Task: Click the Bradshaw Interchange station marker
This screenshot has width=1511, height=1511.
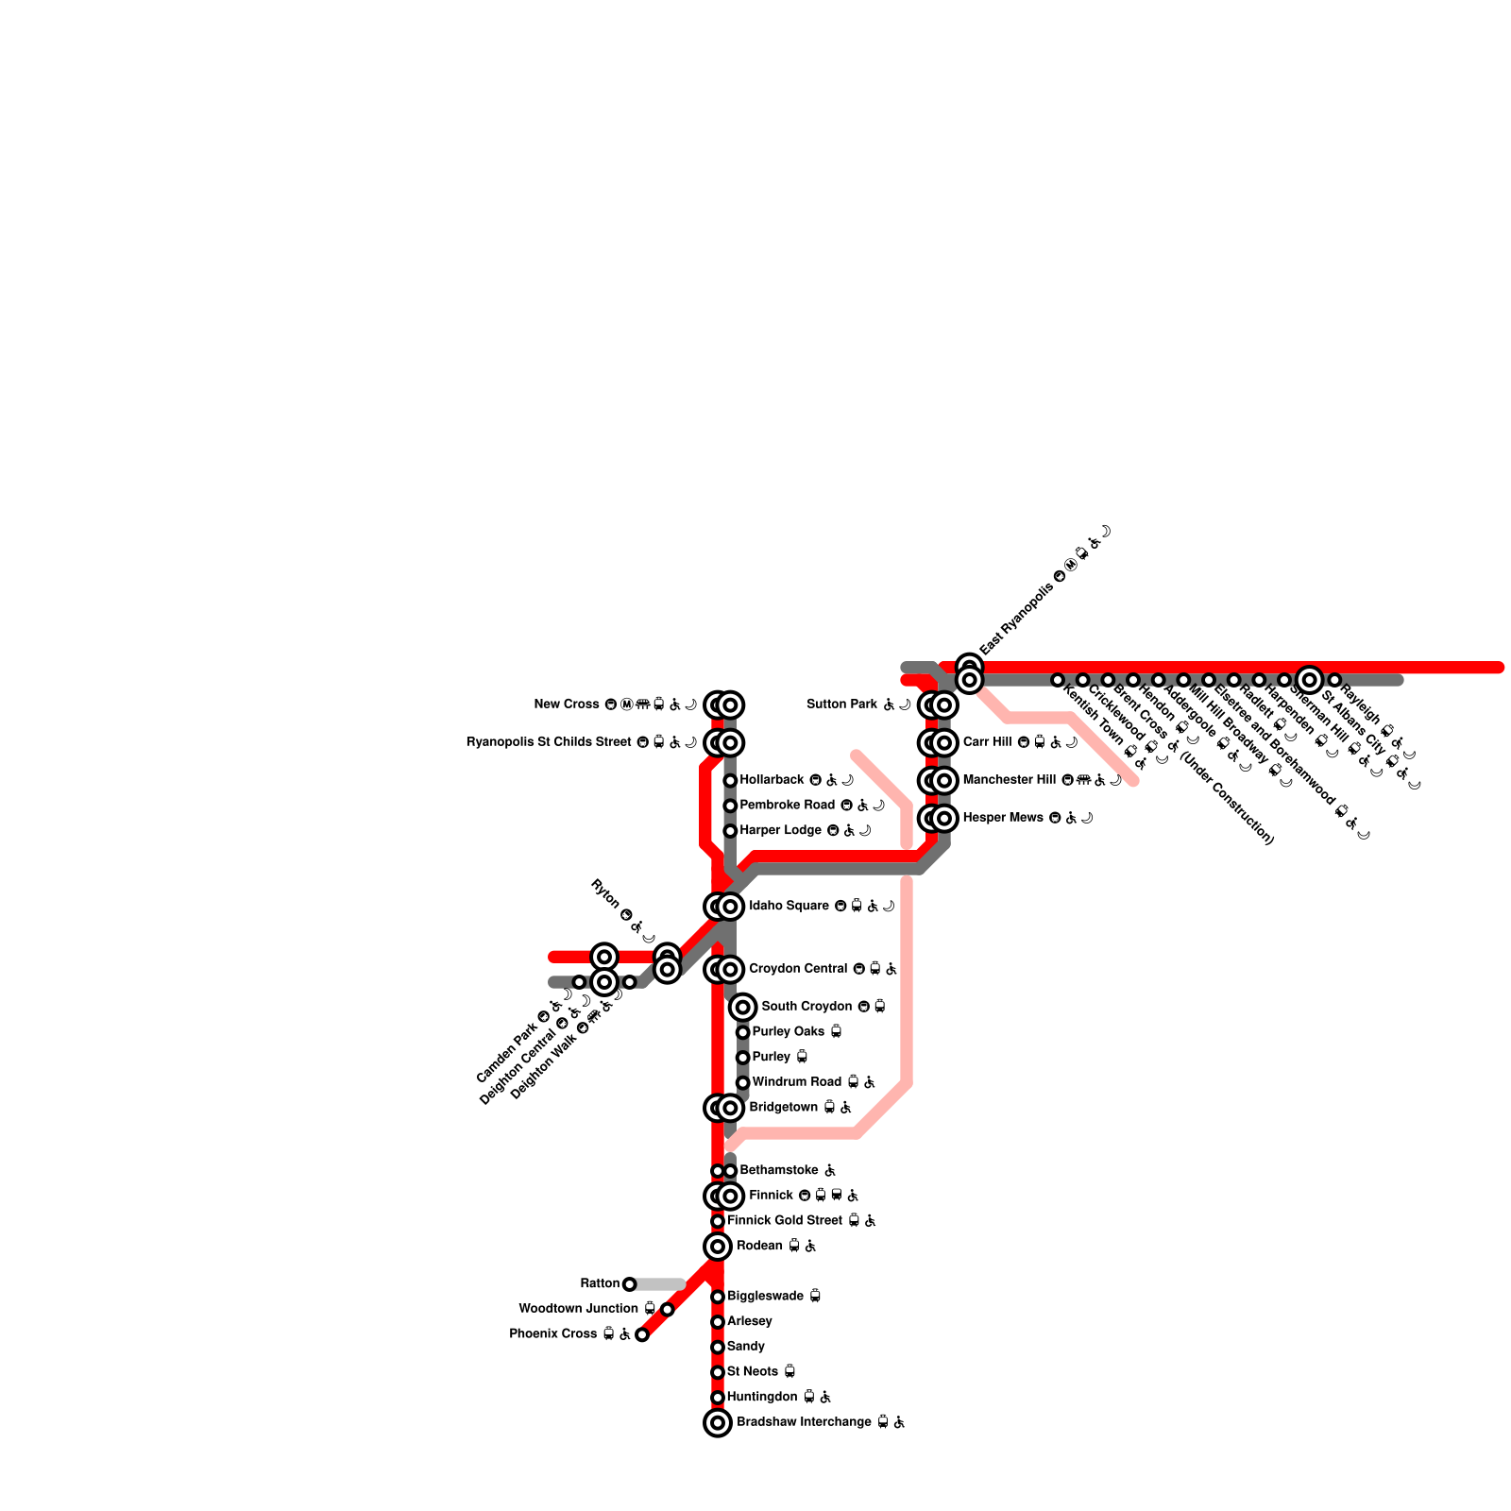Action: click(718, 1422)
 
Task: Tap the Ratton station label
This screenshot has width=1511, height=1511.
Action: click(600, 1283)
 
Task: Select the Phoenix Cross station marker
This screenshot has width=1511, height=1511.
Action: click(642, 1334)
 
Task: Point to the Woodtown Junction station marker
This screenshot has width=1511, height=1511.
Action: click(668, 1309)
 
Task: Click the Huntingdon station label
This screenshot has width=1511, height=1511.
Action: click(762, 1397)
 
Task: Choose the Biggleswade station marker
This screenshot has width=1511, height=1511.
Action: click(718, 1297)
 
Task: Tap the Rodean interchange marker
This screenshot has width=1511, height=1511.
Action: click(718, 1247)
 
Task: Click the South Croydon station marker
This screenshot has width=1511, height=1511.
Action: click(743, 1007)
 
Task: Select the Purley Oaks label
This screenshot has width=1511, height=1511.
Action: click(789, 1031)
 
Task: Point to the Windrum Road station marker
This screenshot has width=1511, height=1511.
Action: click(743, 1082)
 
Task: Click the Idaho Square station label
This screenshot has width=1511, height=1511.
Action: click(789, 906)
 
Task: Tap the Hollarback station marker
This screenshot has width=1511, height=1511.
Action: click(730, 780)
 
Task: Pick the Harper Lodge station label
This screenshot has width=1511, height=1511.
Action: click(781, 830)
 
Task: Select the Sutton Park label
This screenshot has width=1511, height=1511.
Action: click(842, 705)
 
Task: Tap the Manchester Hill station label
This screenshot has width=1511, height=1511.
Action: click(1009, 780)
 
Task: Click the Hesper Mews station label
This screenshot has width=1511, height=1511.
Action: click(1003, 818)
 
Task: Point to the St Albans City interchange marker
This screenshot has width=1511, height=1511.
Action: click(1309, 679)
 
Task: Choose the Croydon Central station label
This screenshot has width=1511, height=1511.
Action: click(799, 969)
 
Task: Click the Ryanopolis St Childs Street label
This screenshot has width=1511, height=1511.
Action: click(549, 742)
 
